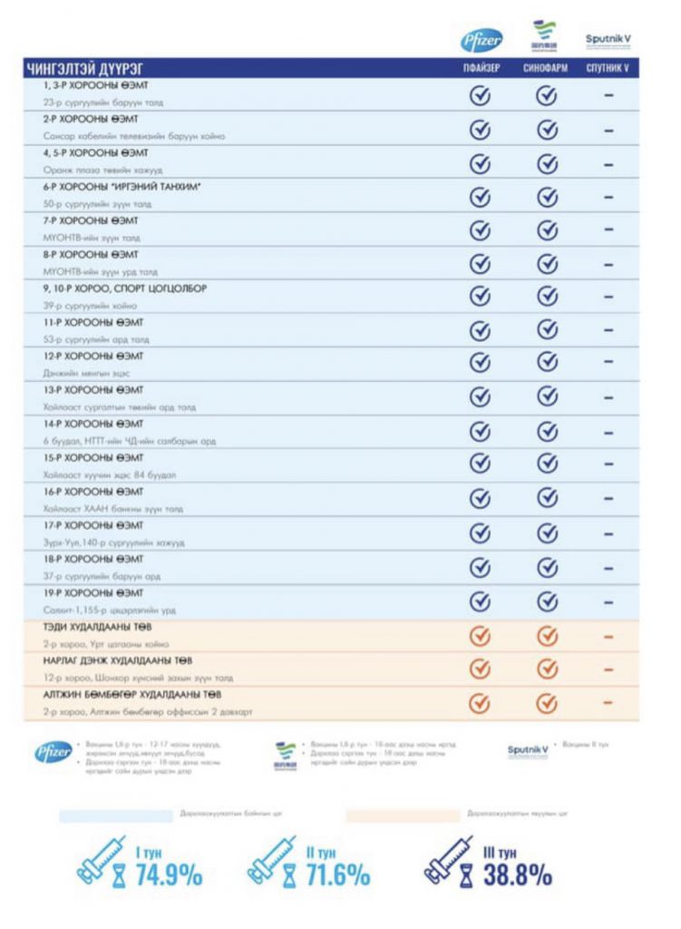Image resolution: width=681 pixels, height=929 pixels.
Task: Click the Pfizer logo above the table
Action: (482, 41)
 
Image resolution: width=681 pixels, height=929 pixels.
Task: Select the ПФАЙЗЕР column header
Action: (481, 69)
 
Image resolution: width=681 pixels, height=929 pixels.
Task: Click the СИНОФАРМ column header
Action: (546, 69)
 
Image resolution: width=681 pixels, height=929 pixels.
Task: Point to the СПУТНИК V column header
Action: (608, 69)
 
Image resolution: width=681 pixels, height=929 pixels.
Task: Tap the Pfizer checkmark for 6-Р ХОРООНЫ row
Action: (481, 197)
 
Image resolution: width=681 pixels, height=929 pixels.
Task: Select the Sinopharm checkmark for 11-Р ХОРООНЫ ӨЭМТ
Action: (546, 330)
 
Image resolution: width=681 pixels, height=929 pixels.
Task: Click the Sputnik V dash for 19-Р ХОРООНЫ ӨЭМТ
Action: (608, 601)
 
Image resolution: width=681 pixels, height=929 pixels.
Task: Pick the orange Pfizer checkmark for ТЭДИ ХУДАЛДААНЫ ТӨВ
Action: (481, 635)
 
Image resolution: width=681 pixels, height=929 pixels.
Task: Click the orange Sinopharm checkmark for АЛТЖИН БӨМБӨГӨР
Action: (546, 703)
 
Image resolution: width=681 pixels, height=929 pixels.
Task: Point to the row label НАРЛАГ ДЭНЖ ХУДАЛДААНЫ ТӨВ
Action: (118, 660)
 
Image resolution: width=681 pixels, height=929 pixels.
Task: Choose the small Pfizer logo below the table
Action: (54, 752)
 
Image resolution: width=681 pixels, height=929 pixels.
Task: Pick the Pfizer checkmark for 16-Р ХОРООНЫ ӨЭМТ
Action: (481, 499)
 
